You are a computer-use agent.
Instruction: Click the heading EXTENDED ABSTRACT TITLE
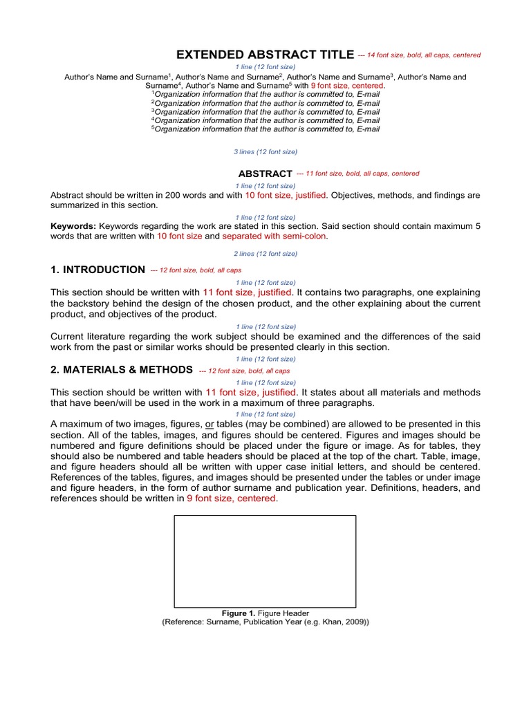point(265,55)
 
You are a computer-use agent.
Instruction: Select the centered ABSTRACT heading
point(265,174)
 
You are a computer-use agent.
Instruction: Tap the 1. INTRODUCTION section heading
point(97,270)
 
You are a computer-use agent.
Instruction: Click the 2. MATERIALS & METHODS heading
point(121,370)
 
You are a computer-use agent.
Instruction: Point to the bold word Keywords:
point(73,226)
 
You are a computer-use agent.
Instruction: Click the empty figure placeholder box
point(265,561)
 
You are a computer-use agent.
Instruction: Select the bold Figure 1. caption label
point(239,613)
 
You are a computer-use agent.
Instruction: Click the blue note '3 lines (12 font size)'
point(265,151)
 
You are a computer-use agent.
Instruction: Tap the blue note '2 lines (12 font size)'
point(265,254)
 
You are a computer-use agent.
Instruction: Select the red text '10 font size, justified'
point(286,196)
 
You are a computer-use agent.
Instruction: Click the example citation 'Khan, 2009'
point(344,622)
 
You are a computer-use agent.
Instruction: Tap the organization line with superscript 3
point(265,111)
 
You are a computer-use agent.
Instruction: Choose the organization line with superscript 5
point(265,129)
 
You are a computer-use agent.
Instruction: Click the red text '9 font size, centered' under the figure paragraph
point(231,499)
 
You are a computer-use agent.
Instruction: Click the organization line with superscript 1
point(265,94)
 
